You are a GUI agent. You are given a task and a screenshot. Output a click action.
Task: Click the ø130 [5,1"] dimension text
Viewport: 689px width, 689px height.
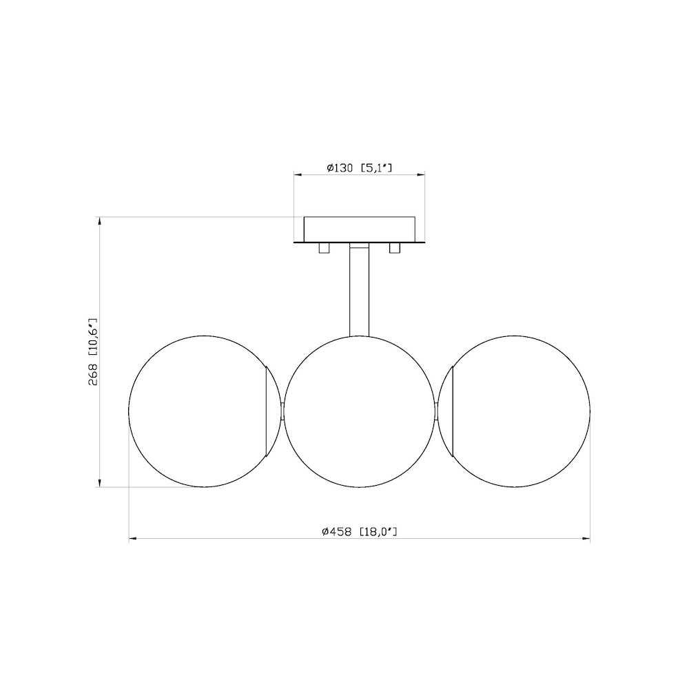[359, 167]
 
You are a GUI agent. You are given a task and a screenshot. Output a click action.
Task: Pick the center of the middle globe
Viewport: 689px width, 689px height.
[359, 411]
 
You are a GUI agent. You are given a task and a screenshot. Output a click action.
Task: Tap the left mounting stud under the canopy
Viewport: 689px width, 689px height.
[324, 248]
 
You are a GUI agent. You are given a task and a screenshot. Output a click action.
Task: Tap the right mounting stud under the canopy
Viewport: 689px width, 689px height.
[395, 248]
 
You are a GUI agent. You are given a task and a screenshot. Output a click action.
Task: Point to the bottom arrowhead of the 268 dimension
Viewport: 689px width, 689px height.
[101, 483]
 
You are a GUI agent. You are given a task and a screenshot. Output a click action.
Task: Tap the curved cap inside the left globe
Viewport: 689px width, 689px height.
[266, 411]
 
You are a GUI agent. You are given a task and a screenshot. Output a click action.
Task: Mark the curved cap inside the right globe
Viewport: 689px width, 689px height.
[451, 411]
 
